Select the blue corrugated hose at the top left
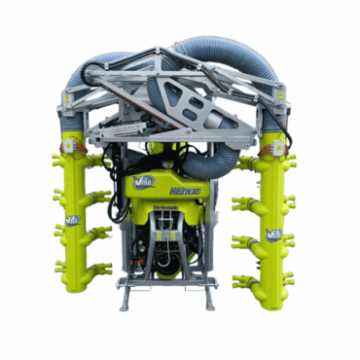(x=102, y=63)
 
